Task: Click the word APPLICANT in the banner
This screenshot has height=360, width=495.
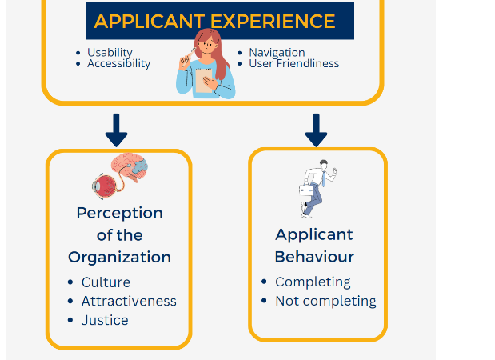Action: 150,22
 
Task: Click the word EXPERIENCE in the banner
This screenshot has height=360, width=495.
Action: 273,22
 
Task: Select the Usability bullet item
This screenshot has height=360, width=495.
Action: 110,53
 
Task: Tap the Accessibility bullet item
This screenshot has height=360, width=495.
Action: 118,63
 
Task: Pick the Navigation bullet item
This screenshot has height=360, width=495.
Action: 277,53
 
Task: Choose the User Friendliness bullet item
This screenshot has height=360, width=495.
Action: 294,63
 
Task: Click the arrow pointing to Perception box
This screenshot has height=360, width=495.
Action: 116,130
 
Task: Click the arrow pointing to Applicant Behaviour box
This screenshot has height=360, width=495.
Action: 316,130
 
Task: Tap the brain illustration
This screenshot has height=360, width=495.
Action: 130,166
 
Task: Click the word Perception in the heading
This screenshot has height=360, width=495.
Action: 120,214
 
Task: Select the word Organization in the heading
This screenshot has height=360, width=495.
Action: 119,258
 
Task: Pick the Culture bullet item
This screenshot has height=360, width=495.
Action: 106,282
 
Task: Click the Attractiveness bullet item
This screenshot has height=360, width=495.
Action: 129,302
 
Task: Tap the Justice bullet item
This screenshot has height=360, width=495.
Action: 105,320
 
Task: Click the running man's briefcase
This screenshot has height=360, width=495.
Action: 306,190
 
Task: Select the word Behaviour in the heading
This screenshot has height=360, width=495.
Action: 314,257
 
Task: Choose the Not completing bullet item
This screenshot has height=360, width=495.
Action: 325,302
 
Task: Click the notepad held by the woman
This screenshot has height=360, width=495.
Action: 204,81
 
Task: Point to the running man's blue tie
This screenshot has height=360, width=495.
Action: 323,178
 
